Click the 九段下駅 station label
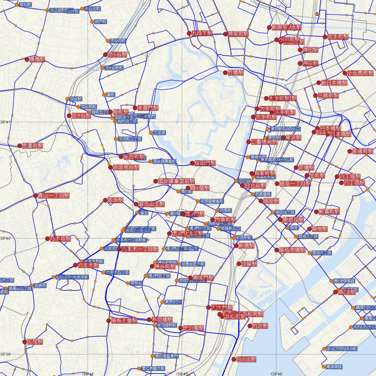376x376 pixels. pos(202,33)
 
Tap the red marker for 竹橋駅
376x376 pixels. pos(225,73)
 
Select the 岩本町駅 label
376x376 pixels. pos(338,37)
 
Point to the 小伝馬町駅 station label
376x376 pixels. pos(360,73)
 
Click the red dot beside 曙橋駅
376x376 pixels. pos(27,59)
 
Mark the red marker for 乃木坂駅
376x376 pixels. pos(47,239)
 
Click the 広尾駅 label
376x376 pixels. pos(35,342)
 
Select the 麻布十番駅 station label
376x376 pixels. pos(124,321)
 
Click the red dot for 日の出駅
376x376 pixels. pos(233,359)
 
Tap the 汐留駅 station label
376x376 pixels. pos(249,264)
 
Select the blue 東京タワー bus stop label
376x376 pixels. pos(173,302)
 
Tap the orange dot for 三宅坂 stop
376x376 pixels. pos(151,133)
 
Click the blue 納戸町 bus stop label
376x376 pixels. pos(101,22)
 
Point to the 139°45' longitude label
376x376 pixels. pos(182,374)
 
